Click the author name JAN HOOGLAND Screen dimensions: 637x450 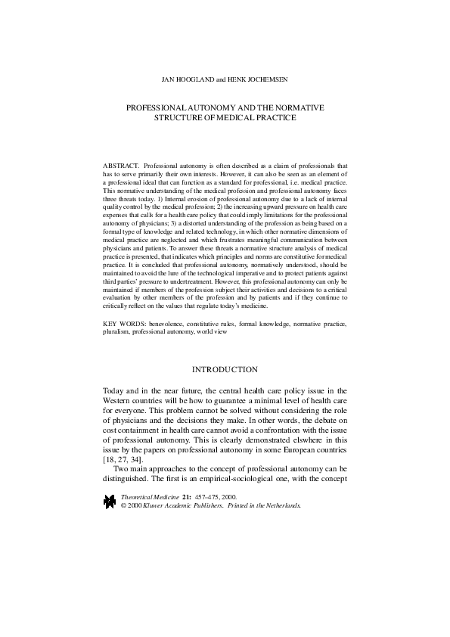pyautogui.click(x=188, y=78)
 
